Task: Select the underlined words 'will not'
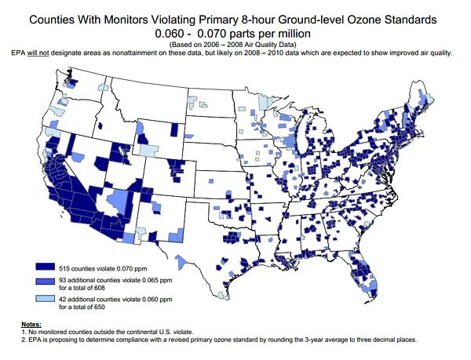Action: coord(53,53)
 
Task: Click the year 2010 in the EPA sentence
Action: coord(312,53)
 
